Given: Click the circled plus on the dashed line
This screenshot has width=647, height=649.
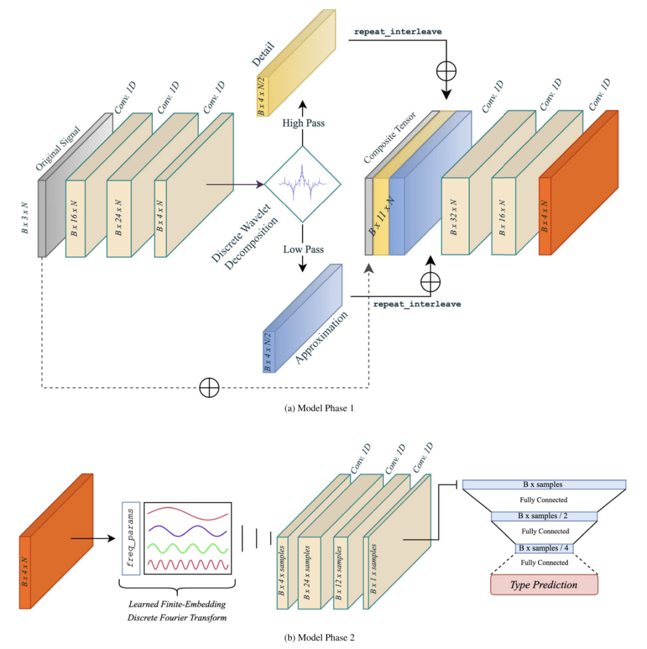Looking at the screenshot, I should [208, 387].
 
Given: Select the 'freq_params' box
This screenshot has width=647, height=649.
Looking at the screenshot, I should [131, 537].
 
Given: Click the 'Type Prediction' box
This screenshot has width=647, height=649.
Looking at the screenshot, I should [544, 584].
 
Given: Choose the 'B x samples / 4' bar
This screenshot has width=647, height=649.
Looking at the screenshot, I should [544, 548].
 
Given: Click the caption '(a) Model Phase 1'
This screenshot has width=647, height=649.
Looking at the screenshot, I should [323, 408].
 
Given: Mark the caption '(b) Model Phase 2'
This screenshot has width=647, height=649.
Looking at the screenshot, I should [323, 637].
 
